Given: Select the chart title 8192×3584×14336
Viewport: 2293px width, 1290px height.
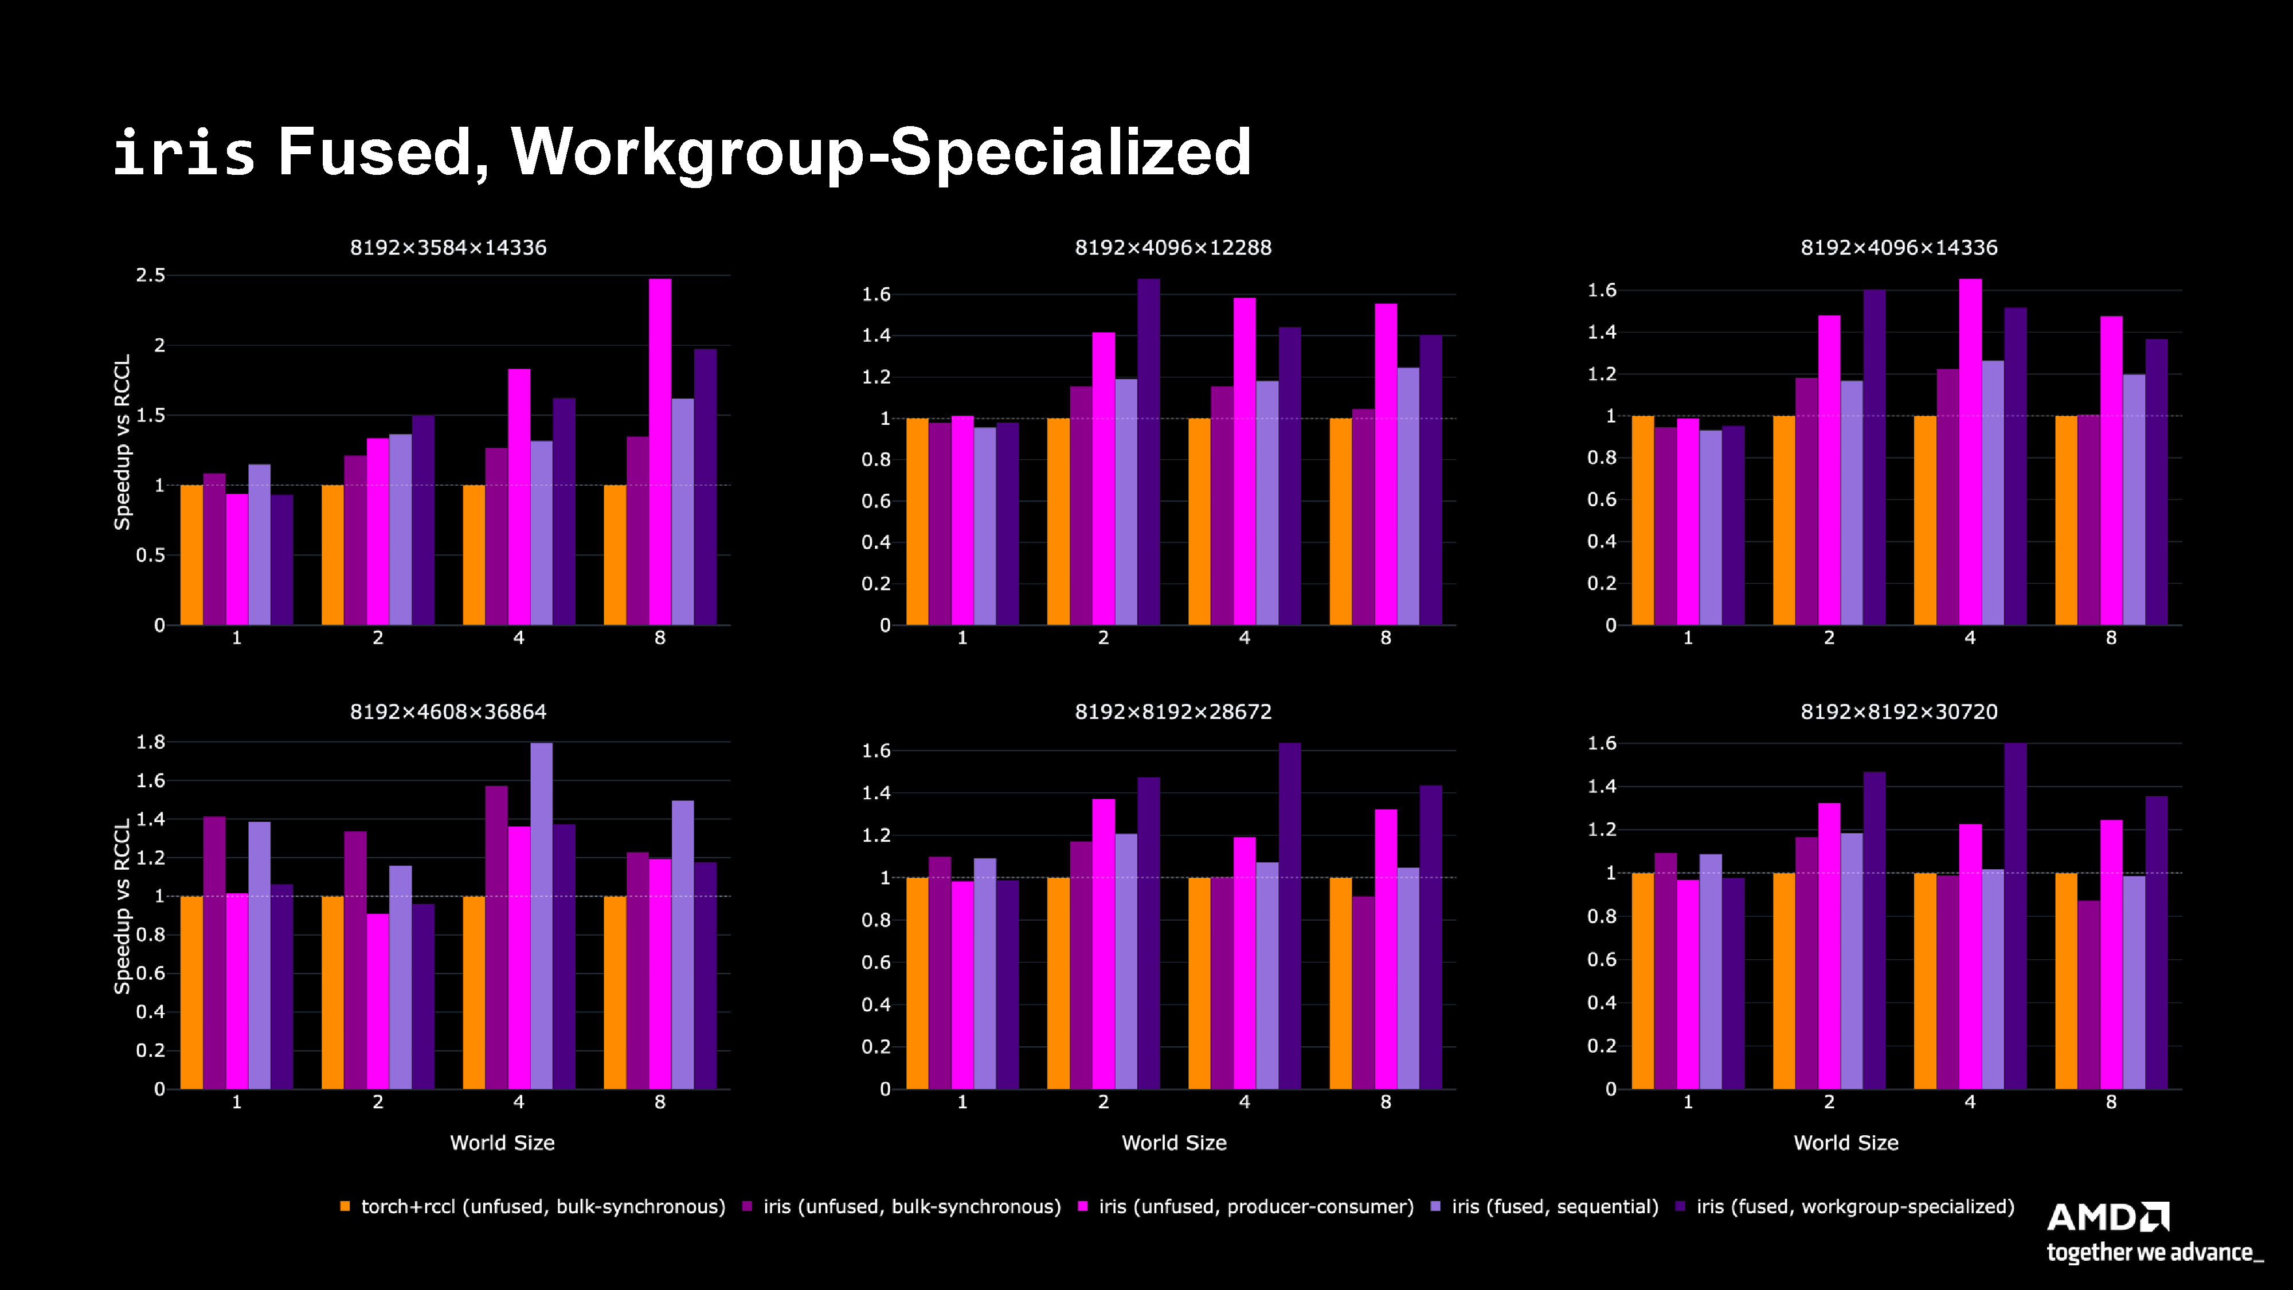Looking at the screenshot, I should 448,248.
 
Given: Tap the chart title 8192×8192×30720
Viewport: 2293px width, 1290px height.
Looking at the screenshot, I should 1899,712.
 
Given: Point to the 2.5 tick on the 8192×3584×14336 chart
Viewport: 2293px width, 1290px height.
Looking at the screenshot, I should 150,275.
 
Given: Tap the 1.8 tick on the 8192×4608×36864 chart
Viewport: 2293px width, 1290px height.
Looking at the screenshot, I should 150,741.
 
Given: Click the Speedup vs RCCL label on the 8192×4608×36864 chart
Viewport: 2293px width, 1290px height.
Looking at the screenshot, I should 122,905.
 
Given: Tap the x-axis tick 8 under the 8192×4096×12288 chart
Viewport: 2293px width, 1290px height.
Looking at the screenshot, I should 1385,638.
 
